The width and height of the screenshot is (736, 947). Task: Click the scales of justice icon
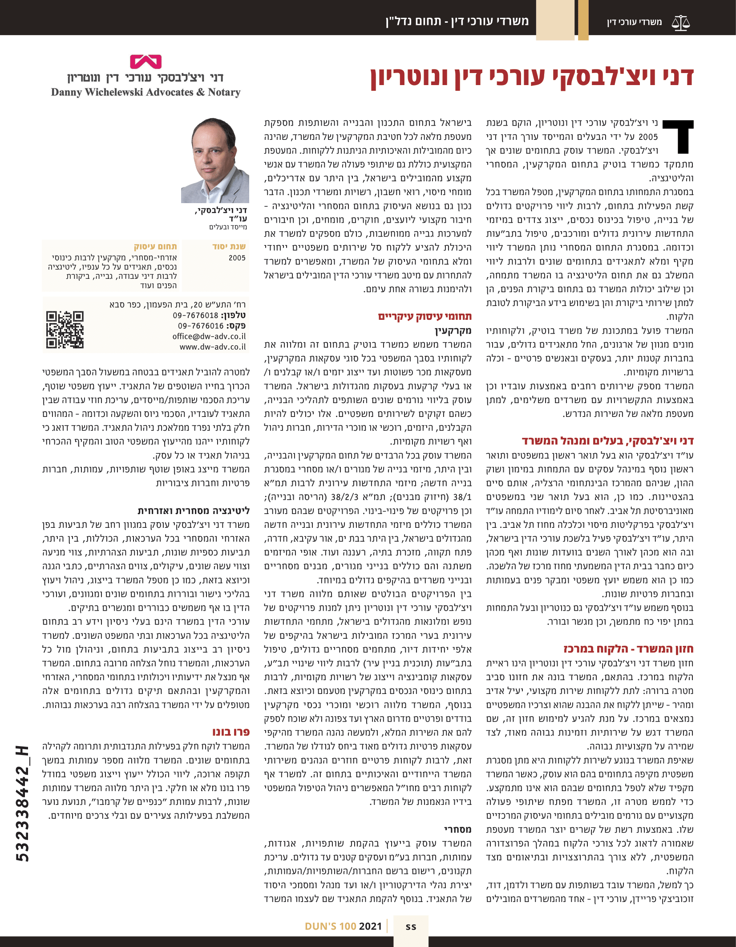tap(681, 22)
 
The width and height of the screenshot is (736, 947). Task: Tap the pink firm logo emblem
tap(146, 61)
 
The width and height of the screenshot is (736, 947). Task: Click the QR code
tap(65, 329)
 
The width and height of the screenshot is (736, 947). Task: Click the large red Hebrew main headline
tap(532, 77)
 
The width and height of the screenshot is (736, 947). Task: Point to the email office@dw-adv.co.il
tap(209, 336)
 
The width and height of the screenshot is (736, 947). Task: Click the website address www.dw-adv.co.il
tap(213, 347)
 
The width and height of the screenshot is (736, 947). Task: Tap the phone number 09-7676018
tap(196, 315)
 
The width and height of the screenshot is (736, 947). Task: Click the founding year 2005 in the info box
tap(237, 258)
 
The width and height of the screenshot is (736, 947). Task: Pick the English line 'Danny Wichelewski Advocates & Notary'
tap(146, 92)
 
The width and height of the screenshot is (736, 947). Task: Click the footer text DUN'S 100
tap(330, 926)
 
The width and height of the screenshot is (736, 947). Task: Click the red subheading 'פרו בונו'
tap(231, 732)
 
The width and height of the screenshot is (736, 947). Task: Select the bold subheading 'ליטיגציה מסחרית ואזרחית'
tap(194, 510)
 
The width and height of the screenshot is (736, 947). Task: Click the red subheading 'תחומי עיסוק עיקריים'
tap(425, 317)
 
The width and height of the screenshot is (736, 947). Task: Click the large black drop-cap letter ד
tap(678, 136)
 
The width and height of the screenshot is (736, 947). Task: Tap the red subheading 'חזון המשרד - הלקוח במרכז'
tap(628, 649)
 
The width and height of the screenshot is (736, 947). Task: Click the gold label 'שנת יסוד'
tap(229, 246)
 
